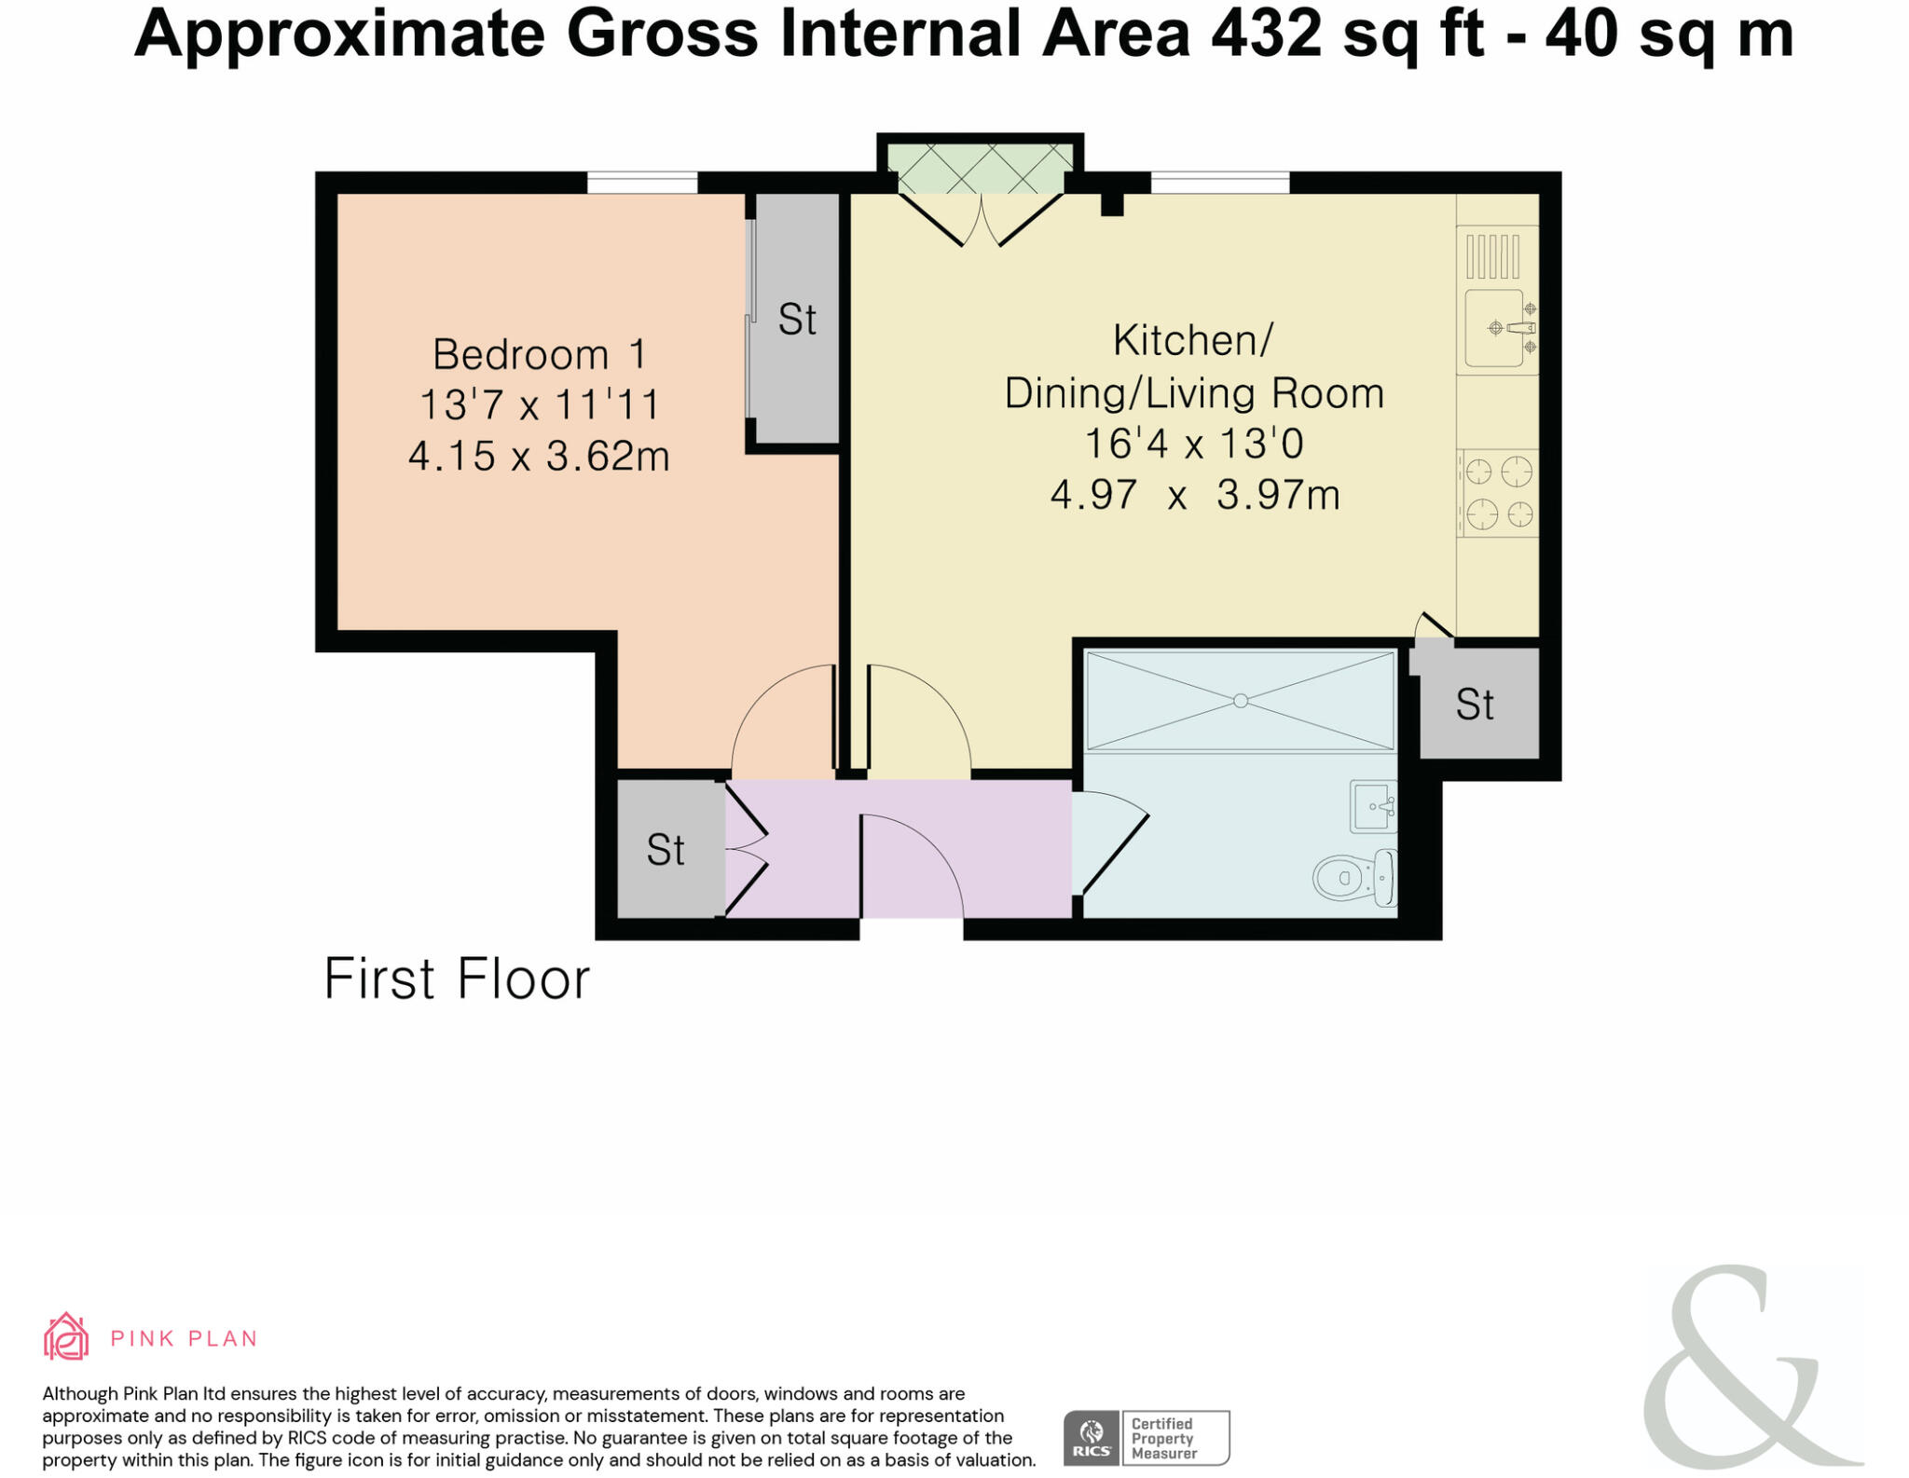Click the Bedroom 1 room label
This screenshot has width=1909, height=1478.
[539, 354]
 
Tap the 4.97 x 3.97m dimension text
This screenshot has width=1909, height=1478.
[1194, 494]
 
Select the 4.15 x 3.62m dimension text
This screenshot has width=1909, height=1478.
[539, 456]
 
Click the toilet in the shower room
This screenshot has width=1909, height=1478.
[1354, 877]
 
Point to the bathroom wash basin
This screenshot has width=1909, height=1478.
[1373, 806]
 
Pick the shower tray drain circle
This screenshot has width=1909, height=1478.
[1240, 701]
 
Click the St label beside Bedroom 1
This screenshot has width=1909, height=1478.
[797, 320]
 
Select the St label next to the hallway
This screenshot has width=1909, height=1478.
[666, 850]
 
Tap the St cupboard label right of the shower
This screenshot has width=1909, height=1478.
[1475, 705]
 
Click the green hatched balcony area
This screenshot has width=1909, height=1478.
[980, 169]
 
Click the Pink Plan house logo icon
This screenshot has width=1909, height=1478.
[66, 1337]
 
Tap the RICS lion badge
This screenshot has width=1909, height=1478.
[1092, 1438]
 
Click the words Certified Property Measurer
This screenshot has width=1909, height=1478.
[1163, 1438]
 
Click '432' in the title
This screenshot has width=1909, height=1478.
[1265, 34]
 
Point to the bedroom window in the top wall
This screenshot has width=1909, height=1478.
[642, 183]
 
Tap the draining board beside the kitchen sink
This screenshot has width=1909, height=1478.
[1492, 256]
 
